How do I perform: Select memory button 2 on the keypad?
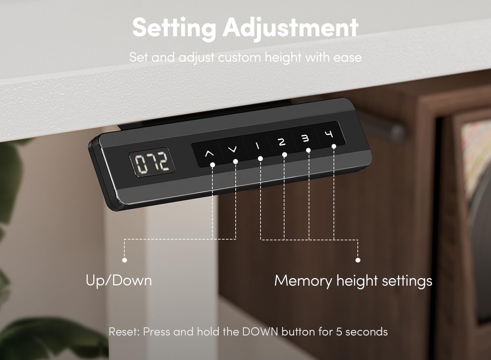pos(282,142)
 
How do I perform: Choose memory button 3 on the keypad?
pos(305,138)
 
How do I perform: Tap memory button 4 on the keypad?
pos(329,134)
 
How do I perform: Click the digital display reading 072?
pos(152,162)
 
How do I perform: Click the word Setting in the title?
pos(174,28)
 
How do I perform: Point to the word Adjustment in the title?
pos(291,28)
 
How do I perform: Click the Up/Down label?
pos(119,280)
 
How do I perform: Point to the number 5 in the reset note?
pos(339,332)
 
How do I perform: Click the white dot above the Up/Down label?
pos(124,260)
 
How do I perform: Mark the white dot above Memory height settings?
pos(358,260)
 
